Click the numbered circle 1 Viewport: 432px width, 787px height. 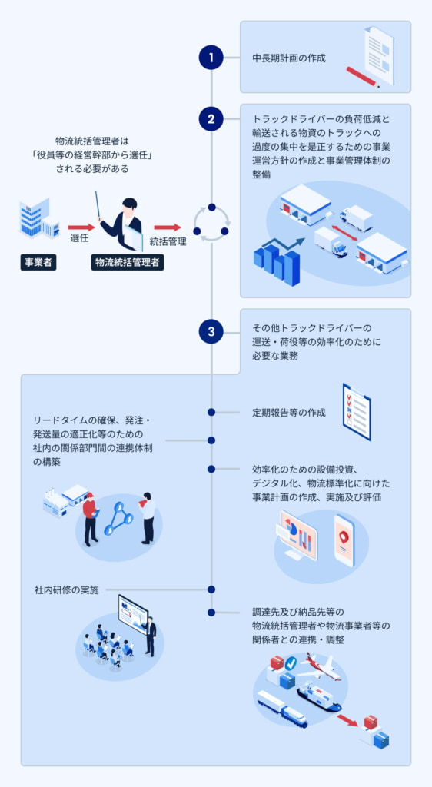[x=211, y=57]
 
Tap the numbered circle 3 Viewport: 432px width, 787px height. [x=211, y=331]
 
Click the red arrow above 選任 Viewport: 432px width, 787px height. [x=79, y=227]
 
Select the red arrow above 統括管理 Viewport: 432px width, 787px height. [x=167, y=227]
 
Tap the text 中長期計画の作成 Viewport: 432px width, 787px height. [x=290, y=58]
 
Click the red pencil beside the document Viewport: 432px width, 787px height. [x=362, y=76]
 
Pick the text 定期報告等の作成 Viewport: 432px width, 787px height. [x=289, y=413]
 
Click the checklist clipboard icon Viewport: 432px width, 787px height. [x=356, y=411]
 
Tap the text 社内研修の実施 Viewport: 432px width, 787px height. [x=66, y=590]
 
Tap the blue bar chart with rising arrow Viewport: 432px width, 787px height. [x=277, y=260]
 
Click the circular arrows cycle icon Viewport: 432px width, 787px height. [x=211, y=223]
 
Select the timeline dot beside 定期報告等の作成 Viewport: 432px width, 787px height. [x=211, y=413]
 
